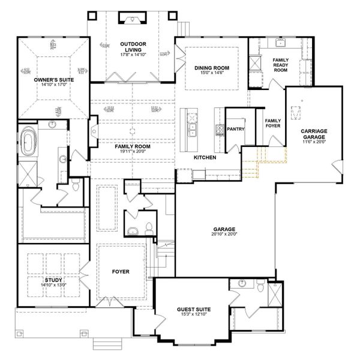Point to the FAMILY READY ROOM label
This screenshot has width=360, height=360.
click(x=280, y=65)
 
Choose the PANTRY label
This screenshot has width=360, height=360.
click(x=235, y=128)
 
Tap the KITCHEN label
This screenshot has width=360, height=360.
click(x=205, y=157)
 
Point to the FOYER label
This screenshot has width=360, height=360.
click(x=121, y=271)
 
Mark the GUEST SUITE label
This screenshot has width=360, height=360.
click(x=192, y=310)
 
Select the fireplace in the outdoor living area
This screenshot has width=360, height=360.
click(x=133, y=20)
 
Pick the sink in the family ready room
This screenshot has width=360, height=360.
click(x=279, y=43)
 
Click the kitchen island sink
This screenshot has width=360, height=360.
click(x=193, y=128)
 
